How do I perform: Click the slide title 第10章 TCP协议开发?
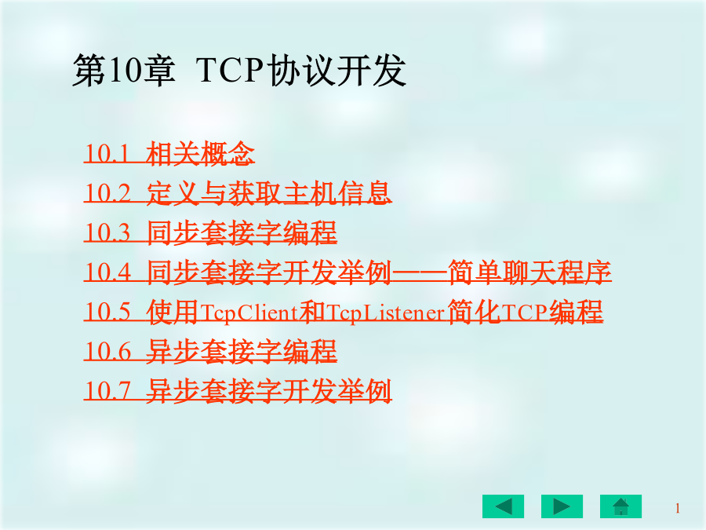(239, 71)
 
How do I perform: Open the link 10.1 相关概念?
(169, 153)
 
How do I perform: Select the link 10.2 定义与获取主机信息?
(238, 193)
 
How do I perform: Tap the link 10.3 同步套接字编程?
(210, 232)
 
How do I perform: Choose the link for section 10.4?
(348, 272)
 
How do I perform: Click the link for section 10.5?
(344, 312)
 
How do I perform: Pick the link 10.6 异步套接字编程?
(210, 352)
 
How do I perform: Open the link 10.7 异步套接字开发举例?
(238, 391)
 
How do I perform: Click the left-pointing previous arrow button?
(503, 506)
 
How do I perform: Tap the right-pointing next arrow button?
(562, 506)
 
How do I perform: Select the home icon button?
(621, 506)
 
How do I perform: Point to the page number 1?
(677, 508)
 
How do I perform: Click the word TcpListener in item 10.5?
(386, 313)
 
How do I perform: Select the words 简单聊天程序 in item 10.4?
(529, 272)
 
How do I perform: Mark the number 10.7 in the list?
(107, 391)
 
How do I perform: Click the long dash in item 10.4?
(420, 272)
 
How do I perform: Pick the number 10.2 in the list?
(107, 193)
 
